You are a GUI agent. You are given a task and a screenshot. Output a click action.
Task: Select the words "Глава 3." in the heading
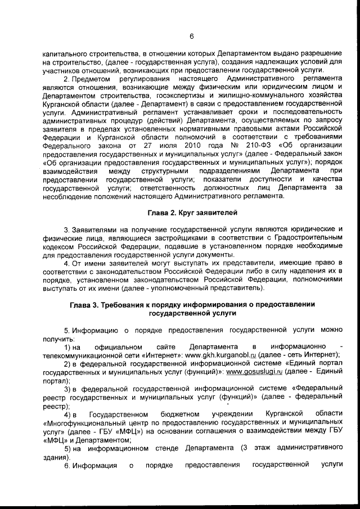(84, 304)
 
